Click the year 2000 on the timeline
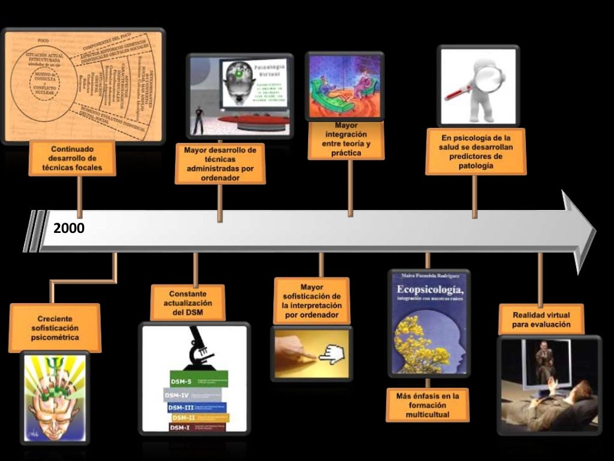point(68,228)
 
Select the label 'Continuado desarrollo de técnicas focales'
point(72,158)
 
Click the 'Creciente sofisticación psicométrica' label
point(55,328)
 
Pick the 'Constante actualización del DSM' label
point(188,303)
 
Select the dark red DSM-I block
point(197,427)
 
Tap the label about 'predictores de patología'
point(476,152)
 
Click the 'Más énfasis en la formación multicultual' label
point(427,405)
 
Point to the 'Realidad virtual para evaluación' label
point(541,320)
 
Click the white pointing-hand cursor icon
point(330,356)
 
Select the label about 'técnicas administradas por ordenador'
point(220,163)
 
